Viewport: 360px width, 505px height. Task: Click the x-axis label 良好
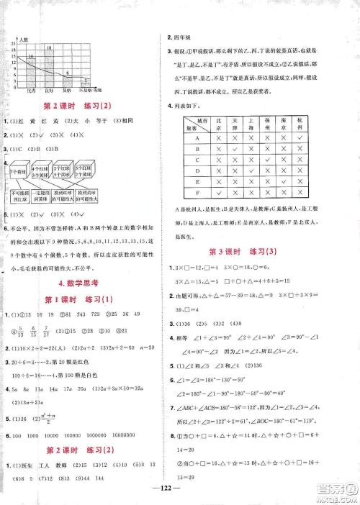click(48, 91)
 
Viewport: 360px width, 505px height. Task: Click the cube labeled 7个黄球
click(17, 172)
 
